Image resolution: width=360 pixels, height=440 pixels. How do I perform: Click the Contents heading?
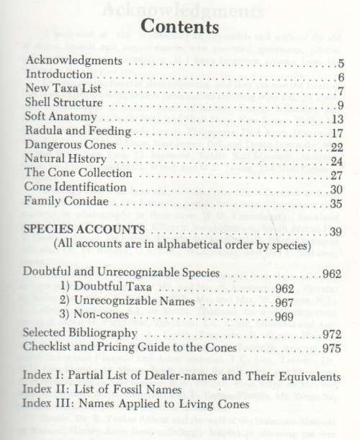[180, 27]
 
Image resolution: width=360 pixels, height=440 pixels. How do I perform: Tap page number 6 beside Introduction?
[341, 76]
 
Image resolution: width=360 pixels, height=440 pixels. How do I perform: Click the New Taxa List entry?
[60, 89]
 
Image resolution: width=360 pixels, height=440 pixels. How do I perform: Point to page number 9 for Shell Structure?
[341, 104]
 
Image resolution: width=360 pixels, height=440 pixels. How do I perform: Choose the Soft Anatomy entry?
[58, 117]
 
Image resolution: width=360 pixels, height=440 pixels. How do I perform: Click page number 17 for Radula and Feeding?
[337, 132]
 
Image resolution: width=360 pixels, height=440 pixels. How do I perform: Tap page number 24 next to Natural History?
[337, 160]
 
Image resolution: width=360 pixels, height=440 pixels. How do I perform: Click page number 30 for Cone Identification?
[337, 188]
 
